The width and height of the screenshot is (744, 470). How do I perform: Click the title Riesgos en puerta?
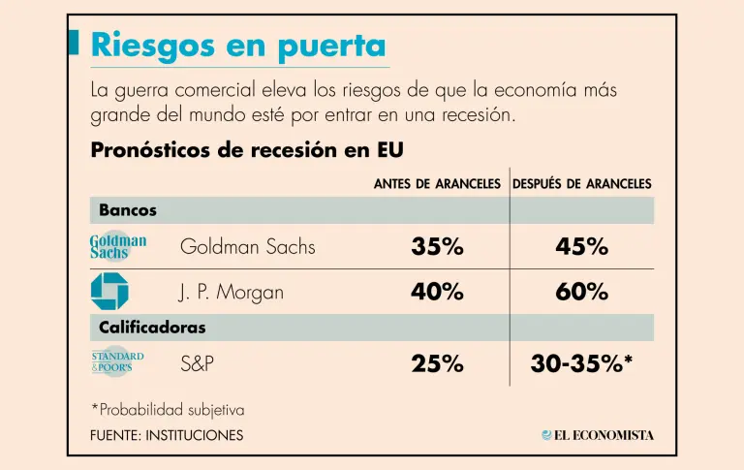(237, 46)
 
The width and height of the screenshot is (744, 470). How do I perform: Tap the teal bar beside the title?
(76, 42)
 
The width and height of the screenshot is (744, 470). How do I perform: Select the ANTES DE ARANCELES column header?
(437, 183)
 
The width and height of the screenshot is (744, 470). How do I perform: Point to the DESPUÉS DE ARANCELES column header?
(581, 183)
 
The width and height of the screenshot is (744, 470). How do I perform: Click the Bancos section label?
(128, 210)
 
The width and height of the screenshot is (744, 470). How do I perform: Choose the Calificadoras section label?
(152, 328)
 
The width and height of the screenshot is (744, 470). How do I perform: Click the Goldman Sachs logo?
(118, 247)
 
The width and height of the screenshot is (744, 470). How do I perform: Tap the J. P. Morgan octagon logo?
(109, 291)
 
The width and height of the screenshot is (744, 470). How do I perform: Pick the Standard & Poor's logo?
(117, 362)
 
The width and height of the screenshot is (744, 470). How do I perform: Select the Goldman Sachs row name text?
(248, 247)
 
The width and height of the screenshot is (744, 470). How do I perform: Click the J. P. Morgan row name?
(232, 292)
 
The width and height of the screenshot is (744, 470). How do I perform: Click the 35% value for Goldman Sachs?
(437, 247)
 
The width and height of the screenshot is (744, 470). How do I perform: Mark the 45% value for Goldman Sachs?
(581, 247)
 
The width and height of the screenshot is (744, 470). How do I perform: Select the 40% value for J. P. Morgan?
(437, 292)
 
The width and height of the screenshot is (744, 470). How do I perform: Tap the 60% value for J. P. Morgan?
(581, 292)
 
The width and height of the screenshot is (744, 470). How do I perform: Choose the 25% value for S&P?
(437, 364)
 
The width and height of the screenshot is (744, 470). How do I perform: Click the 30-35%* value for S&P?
(581, 364)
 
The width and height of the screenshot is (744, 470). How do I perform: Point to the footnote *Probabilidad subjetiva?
(167, 410)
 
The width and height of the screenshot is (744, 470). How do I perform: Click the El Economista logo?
(598, 435)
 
